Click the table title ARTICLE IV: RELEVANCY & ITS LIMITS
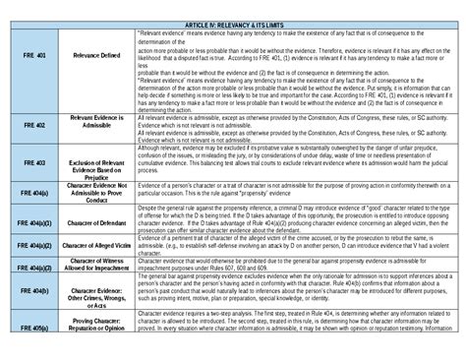pos(232,23)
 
